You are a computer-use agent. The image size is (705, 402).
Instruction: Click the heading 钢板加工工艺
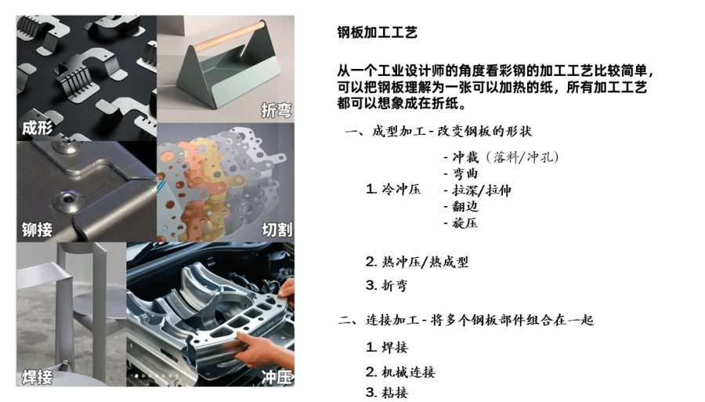[x=377, y=32]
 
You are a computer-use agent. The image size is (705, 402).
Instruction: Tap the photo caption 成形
[x=38, y=128]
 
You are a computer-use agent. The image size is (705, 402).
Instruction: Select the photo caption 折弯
[x=276, y=111]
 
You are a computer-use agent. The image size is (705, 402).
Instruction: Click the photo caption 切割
[x=276, y=229]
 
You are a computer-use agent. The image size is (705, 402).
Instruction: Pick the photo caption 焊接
[x=38, y=377]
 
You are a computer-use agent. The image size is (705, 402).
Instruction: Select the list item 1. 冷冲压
[x=393, y=190]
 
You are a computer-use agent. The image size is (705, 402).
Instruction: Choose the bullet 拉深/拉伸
[x=480, y=190]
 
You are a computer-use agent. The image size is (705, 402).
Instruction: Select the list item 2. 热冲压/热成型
[x=417, y=262]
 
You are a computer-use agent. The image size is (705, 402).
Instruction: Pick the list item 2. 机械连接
[x=400, y=372]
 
